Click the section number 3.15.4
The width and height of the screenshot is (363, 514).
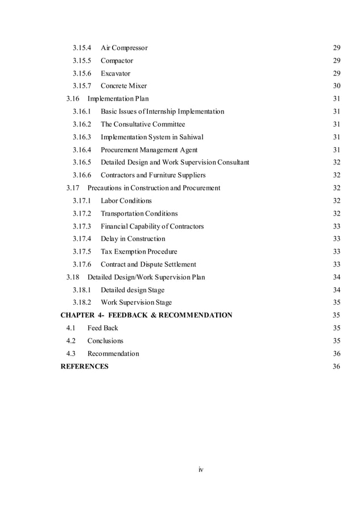[82, 48]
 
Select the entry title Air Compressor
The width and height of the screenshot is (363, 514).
[124, 48]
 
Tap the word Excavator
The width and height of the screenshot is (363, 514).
[115, 73]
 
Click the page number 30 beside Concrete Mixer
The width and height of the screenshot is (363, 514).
[336, 86]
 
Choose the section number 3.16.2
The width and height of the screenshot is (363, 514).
[82, 124]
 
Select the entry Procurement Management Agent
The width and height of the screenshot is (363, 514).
[149, 150]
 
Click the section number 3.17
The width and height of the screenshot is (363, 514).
[72, 188]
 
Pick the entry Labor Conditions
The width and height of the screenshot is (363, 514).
[126, 201]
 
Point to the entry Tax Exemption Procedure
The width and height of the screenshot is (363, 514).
[139, 251]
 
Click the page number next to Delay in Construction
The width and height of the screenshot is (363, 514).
[336, 239]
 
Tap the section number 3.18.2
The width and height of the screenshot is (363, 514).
[82, 302]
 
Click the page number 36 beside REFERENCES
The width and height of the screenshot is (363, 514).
[336, 366]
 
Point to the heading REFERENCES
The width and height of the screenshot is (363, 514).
[84, 366]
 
